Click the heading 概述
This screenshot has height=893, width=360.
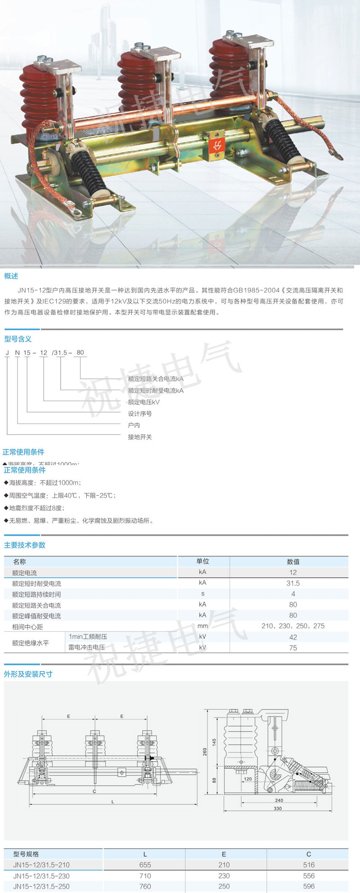pos(11,276)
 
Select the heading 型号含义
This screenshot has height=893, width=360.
pos(18,339)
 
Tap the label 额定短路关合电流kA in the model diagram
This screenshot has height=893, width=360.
pos(156,379)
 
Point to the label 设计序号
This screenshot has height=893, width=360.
pos(140,413)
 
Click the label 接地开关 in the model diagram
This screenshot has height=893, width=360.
pos(140,437)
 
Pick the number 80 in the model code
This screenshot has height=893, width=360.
pos(80,352)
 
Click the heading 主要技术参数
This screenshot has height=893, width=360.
pos(25,545)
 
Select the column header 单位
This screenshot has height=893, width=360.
pos(202,561)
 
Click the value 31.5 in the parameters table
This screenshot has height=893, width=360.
pos(293,583)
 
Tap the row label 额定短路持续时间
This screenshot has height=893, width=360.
pos(36,594)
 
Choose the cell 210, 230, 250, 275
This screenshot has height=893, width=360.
pos(293,626)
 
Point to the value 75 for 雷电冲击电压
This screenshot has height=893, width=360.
pos(293,648)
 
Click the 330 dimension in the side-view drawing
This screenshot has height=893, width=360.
pos(278,821)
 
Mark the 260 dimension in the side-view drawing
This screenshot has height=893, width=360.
pos(205,752)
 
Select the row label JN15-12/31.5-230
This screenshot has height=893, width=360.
pos(41,875)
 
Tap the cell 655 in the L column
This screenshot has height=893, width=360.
pos(145,865)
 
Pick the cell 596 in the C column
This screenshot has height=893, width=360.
pos(309,886)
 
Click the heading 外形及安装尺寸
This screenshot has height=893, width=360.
pos(28,674)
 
